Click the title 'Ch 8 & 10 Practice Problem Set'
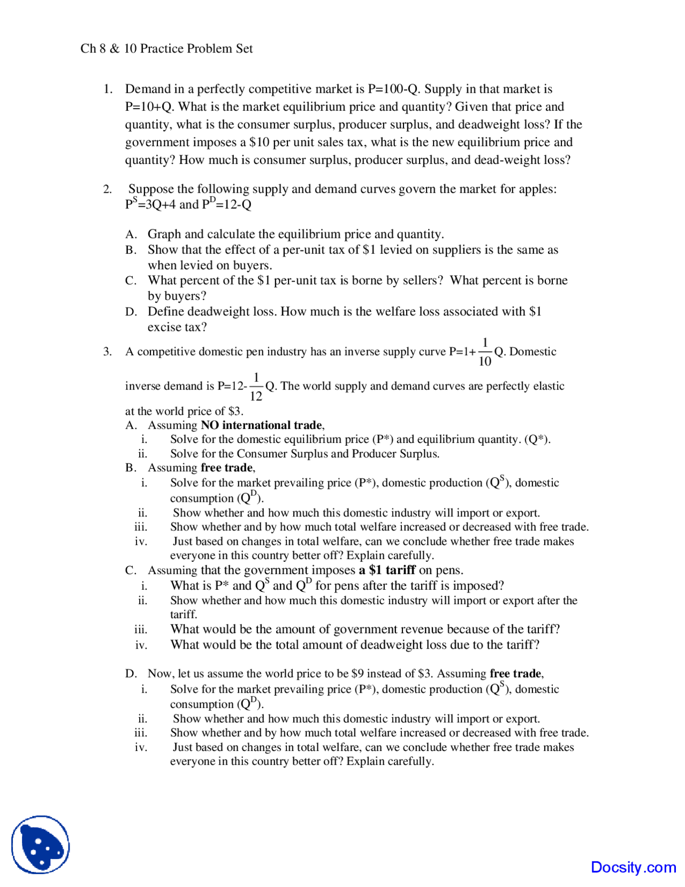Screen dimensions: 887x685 [x=166, y=49]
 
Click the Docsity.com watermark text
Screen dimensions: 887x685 [x=633, y=867]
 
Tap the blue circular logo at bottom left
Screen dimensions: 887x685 [x=41, y=845]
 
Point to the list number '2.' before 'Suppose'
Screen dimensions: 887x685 [x=108, y=189]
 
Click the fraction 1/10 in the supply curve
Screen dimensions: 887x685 [x=485, y=352]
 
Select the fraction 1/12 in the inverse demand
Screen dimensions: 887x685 [x=256, y=387]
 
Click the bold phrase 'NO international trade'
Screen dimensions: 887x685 [x=261, y=425]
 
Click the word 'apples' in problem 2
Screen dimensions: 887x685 [x=536, y=189]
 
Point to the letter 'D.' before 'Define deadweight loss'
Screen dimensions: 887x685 [x=131, y=312]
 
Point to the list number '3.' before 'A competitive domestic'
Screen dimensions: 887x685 [x=108, y=352]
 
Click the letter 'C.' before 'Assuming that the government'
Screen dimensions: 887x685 [x=131, y=570]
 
